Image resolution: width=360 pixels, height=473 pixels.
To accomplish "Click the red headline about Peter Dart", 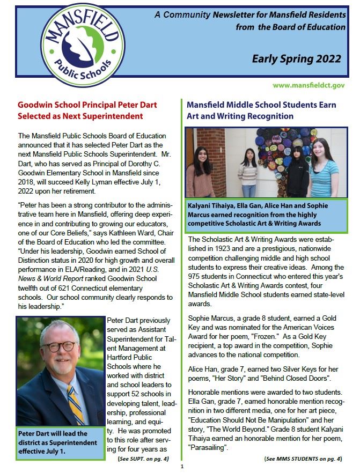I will pyautogui.click(x=80, y=110).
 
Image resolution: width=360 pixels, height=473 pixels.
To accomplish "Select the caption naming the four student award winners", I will pyautogui.click(x=266, y=214).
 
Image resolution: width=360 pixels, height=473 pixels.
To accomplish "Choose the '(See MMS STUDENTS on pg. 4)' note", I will pyautogui.click(x=303, y=459).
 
